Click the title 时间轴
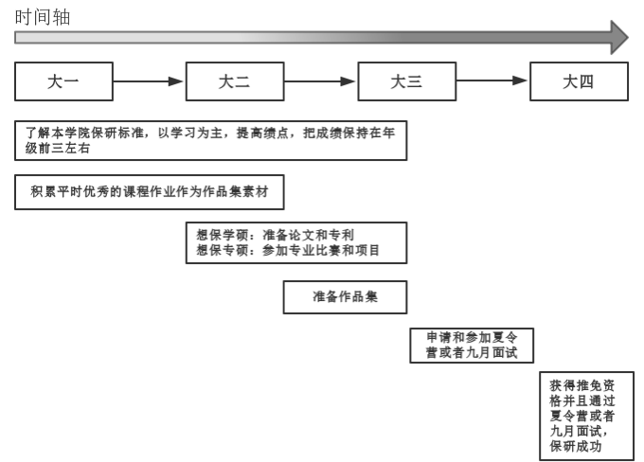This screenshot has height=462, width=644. [x=43, y=17]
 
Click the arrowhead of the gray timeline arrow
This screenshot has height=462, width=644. [x=619, y=37]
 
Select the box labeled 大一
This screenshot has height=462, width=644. [x=63, y=81]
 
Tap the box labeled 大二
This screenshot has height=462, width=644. [x=235, y=81]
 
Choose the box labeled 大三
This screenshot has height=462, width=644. [x=407, y=81]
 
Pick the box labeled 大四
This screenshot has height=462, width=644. [x=579, y=81]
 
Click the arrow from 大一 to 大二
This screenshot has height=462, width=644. [x=149, y=81]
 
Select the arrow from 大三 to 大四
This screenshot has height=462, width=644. [x=492, y=80]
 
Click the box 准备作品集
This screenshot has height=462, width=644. [x=345, y=297]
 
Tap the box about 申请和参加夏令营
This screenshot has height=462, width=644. [x=472, y=346]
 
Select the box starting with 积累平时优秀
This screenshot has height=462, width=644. [x=150, y=192]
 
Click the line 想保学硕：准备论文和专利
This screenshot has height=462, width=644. [x=275, y=235]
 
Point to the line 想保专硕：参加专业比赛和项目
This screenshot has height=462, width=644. [x=288, y=250]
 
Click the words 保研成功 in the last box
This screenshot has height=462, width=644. [x=576, y=446]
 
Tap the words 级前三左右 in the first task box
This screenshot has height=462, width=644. [x=58, y=148]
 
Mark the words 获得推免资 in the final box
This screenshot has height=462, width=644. [x=582, y=385]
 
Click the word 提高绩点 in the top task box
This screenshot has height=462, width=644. [x=262, y=133]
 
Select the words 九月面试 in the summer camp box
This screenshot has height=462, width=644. [x=492, y=353]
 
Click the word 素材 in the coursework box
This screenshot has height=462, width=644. [x=255, y=192]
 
